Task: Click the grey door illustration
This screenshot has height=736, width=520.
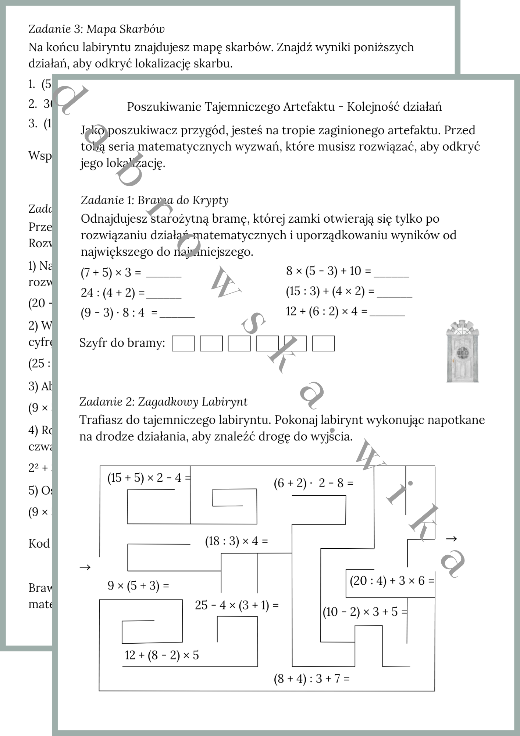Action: (462, 351)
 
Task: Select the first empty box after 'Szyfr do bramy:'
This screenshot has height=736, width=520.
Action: (183, 343)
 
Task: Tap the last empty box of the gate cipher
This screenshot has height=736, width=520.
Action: (323, 343)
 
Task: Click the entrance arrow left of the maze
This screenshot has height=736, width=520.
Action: (85, 567)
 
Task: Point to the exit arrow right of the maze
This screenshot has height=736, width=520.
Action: (451, 539)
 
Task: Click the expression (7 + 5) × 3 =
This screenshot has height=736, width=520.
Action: (111, 273)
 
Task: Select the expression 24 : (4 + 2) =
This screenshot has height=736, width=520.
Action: (113, 293)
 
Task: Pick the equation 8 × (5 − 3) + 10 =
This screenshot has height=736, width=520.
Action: (328, 271)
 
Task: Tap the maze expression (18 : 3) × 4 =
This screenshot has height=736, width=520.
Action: (236, 541)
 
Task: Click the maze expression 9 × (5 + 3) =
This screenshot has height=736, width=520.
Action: (138, 585)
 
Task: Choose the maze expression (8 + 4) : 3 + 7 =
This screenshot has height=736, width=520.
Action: (311, 679)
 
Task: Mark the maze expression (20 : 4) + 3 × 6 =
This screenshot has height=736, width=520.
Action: (392, 581)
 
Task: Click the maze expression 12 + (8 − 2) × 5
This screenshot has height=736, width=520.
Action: (162, 655)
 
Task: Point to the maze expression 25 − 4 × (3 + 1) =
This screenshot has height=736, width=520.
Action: (236, 605)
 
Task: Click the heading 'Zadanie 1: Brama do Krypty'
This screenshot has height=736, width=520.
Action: (154, 200)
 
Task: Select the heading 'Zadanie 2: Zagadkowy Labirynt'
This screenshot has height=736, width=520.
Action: (163, 401)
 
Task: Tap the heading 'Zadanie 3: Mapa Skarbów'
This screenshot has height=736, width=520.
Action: (96, 29)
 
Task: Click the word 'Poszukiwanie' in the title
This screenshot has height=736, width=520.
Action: (164, 107)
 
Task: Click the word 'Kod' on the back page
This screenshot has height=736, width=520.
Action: (39, 544)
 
